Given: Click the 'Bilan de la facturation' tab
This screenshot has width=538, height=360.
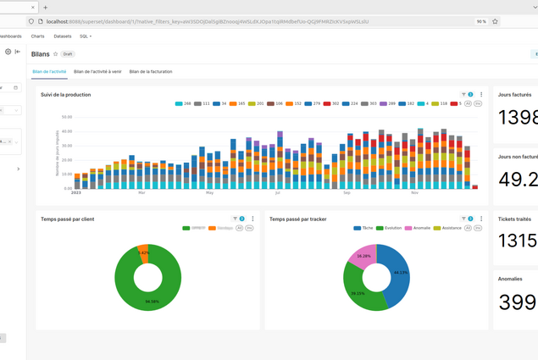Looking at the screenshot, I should [x=151, y=72].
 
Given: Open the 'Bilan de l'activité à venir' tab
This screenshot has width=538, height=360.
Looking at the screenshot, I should [x=97, y=72].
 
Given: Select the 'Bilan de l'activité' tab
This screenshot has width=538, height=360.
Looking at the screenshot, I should [x=49, y=72].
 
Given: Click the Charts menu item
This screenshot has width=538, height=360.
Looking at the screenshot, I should [x=37, y=36].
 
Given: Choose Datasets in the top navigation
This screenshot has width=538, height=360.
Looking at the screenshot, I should [x=63, y=36].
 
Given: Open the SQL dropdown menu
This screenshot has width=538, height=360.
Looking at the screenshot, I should [x=86, y=36].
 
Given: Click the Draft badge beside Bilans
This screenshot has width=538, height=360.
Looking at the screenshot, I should [x=68, y=54].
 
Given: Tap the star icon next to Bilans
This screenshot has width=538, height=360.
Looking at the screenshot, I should [x=56, y=54].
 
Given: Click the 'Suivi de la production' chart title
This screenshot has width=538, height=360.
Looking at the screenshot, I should [x=65, y=95].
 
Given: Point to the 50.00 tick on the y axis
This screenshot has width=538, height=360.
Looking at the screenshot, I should [x=66, y=117].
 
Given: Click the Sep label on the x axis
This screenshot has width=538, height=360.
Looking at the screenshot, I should [x=347, y=192].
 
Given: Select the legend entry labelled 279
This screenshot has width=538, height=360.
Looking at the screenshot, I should [x=313, y=103].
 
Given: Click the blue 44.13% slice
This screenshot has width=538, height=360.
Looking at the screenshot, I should [x=397, y=271].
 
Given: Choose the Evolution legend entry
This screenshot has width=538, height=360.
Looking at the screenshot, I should [x=390, y=228].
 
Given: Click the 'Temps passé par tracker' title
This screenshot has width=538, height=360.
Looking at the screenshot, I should [x=297, y=219].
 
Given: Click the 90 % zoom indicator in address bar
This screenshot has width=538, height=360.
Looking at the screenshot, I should [x=481, y=21].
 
